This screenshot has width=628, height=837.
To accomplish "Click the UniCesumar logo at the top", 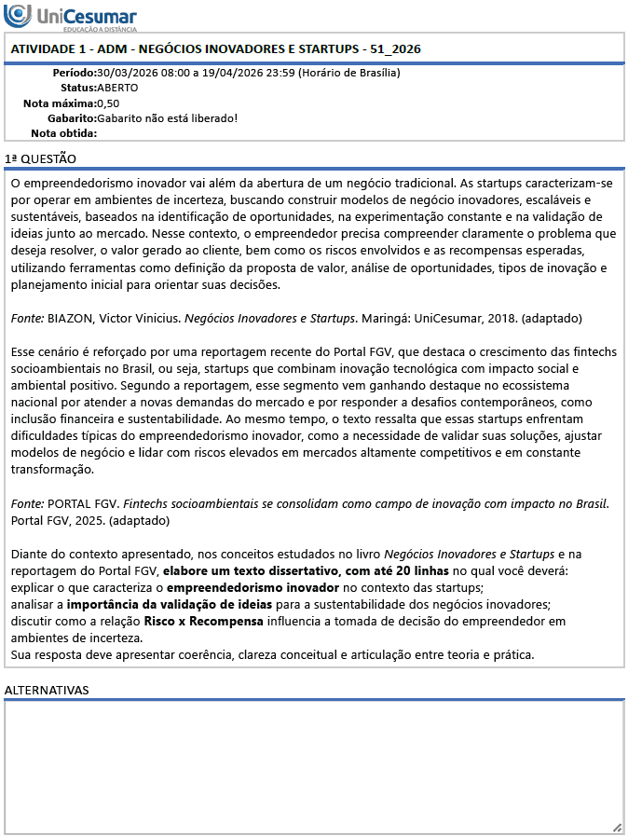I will pos(71,17).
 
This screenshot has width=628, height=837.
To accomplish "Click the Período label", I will pos(74,73).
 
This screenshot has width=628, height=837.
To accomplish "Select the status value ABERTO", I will pos(117,88).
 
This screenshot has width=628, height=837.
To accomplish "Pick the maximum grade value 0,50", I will pos(108,103).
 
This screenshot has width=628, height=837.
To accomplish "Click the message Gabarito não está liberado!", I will pos(168,117).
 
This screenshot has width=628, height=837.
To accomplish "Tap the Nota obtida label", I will pos(63,132).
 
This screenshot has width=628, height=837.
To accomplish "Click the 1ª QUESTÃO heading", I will pos(41,159).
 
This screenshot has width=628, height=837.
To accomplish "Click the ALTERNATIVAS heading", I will pos(47,690).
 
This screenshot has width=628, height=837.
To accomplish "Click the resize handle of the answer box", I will pos(617,827).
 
